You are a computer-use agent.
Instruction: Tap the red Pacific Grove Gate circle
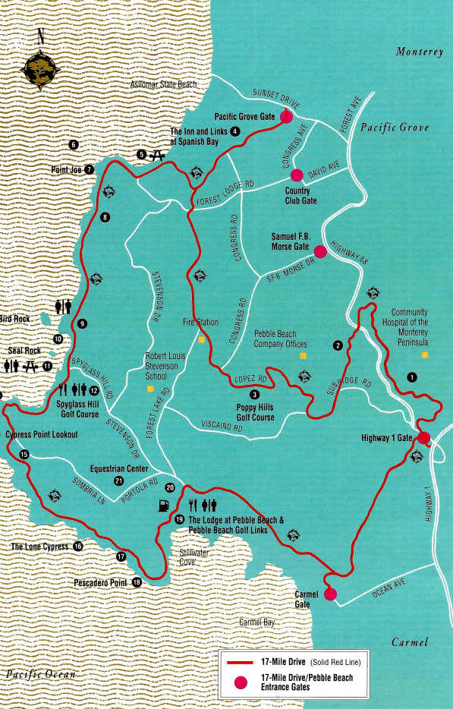pos(286,117)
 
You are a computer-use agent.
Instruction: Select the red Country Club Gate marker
pos(297,174)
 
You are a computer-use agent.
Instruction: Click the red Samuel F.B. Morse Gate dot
pos(319,251)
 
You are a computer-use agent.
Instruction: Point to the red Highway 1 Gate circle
pos(423,437)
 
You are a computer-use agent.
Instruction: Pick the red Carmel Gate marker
pos(329,594)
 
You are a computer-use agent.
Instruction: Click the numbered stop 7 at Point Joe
pos(90,170)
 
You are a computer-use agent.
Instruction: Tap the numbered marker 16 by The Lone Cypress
pos(77,547)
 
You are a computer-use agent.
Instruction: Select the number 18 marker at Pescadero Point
pos(137,583)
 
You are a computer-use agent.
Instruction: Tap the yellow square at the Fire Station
pos(201,340)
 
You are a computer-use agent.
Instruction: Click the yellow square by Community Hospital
pos(425,354)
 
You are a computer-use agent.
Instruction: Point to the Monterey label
pos(419,52)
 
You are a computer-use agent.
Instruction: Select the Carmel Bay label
pos(256,622)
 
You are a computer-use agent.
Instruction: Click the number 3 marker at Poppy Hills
pos(254,394)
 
